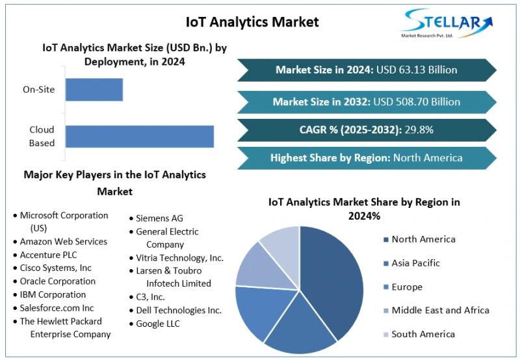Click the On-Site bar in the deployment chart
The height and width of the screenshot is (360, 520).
[94, 89]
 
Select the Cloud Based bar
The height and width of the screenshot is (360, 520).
[140, 136]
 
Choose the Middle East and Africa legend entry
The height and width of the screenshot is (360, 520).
[439, 310]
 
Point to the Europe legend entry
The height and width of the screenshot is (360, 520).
[406, 287]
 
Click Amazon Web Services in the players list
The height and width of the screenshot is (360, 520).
[63, 241]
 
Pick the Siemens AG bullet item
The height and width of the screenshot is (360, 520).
[159, 218]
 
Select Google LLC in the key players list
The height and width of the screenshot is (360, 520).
[158, 323]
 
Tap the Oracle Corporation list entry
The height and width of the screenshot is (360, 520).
[57, 281]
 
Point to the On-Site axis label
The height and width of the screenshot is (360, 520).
[39, 89]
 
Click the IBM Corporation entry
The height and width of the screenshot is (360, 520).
[53, 294]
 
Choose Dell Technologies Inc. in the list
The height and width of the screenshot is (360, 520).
[179, 310]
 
